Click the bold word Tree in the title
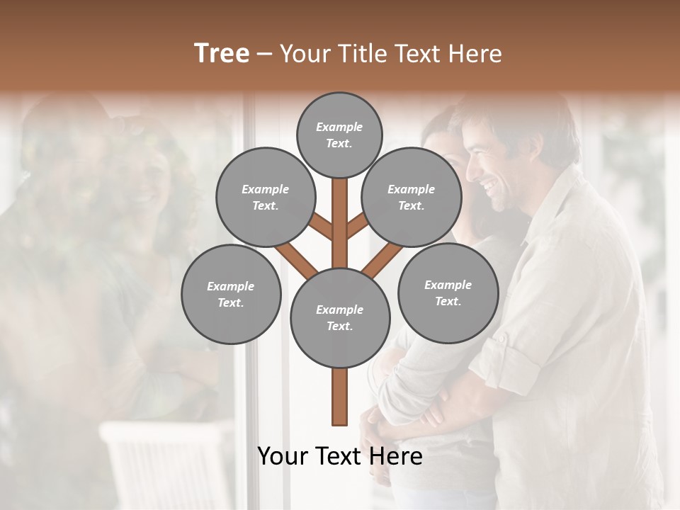click(x=222, y=53)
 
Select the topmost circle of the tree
click(x=339, y=135)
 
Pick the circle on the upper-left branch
click(x=265, y=197)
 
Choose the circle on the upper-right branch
click(x=412, y=197)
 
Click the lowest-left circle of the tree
click(x=231, y=294)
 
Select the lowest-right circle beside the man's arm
click(x=448, y=293)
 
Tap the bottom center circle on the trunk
click(x=340, y=317)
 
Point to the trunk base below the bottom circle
click(x=340, y=397)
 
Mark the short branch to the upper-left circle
click(x=321, y=227)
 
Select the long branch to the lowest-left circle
click(x=297, y=259)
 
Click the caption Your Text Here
click(x=340, y=456)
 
